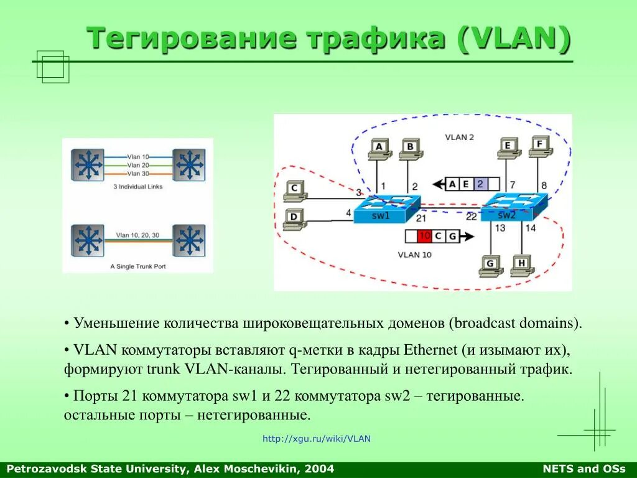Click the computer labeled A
pos(379,148)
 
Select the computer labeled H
pos(521,266)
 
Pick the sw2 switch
pos(514,207)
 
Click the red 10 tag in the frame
pos(424,237)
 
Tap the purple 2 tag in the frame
pos(480,184)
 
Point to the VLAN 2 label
pos(459,137)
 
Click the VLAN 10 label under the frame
pos(414,254)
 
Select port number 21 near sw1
pos(421,218)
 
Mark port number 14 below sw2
pos(530,228)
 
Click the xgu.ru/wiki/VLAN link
pos(316,439)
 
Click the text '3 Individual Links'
pos(137,187)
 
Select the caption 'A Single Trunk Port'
pos(138,266)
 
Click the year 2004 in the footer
pos(320,469)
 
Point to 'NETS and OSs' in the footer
pos(584,469)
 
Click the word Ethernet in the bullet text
pos(431,349)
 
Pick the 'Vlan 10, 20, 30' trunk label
pos(137,235)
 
